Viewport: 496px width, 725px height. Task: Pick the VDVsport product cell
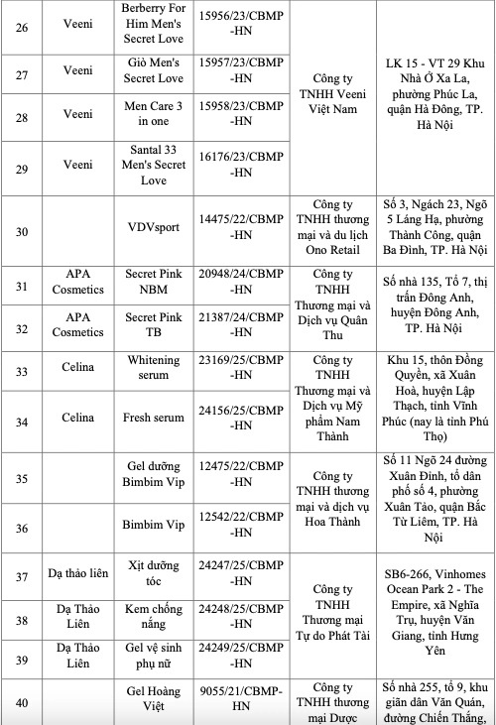tap(157, 224)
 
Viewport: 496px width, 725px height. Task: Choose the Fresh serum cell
tap(157, 418)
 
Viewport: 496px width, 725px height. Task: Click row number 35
tap(21, 479)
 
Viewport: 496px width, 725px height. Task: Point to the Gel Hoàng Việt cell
tap(157, 703)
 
